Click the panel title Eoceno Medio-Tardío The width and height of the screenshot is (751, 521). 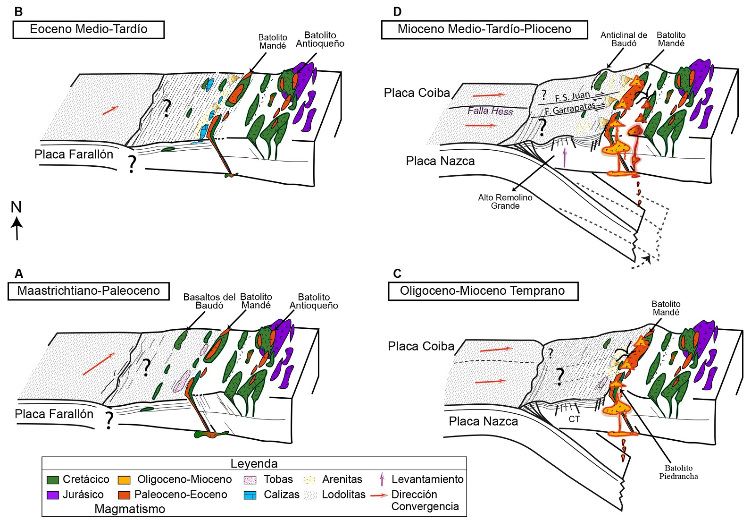(88, 29)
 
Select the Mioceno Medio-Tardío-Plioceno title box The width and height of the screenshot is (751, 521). (484, 29)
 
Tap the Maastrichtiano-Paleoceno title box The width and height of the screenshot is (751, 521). (88, 290)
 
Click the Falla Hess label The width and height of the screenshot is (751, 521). (490, 111)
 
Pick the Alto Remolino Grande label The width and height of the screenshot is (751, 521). (505, 202)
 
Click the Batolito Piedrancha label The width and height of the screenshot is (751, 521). (678, 472)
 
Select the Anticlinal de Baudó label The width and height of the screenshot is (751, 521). (624, 39)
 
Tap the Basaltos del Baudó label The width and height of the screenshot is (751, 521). (209, 301)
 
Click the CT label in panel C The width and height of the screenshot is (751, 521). (574, 419)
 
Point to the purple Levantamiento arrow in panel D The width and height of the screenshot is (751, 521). (565, 158)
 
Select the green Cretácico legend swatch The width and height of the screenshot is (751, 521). (53, 480)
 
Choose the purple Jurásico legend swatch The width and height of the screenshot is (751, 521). (53, 495)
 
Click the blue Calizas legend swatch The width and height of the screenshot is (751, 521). (250, 495)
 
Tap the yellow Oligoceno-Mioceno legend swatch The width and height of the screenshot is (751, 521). (124, 480)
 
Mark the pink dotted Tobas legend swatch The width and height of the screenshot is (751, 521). (250, 480)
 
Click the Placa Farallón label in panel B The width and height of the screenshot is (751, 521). (74, 154)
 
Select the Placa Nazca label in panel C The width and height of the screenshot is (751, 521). (483, 421)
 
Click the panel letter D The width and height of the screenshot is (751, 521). (397, 12)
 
